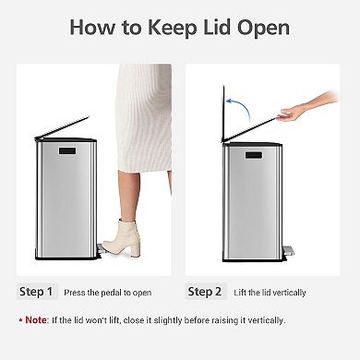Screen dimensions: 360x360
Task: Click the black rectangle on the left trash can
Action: tap(67, 150)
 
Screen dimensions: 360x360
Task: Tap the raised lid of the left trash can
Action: tap(63, 128)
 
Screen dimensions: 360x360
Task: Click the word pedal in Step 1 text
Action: tap(115, 293)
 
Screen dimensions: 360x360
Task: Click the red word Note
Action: tap(37, 319)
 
